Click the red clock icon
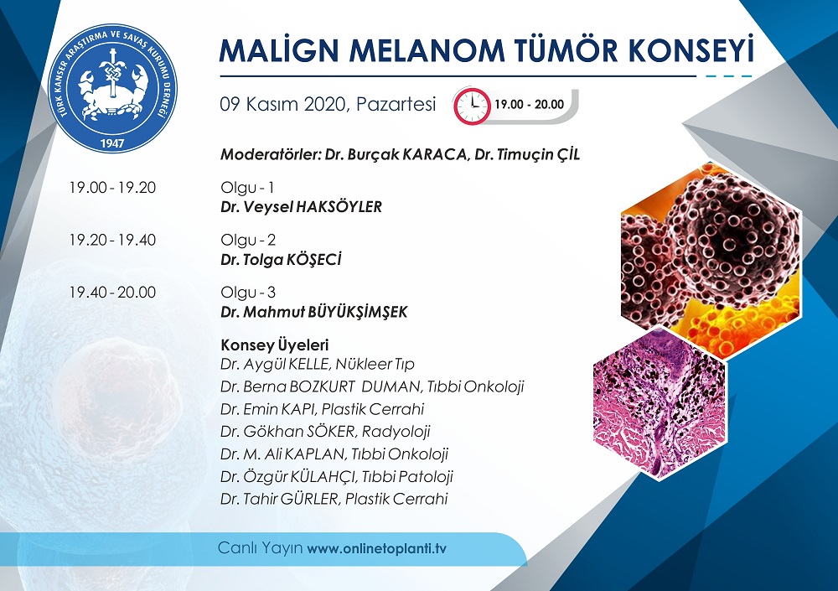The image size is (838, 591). [x=472, y=106]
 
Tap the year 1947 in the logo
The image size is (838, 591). [x=112, y=143]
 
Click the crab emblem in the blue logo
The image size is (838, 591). [x=112, y=89]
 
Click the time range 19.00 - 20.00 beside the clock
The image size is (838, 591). [x=529, y=104]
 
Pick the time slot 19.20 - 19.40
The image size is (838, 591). [x=113, y=240]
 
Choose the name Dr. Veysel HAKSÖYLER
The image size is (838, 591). [x=302, y=207]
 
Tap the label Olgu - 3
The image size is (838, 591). [x=248, y=292]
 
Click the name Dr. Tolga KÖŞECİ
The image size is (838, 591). [x=281, y=259]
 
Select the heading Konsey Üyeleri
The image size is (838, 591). [x=275, y=345]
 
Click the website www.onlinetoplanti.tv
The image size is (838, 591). [x=377, y=549]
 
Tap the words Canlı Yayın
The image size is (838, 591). [x=261, y=548]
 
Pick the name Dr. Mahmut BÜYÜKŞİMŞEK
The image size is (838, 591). [x=314, y=312]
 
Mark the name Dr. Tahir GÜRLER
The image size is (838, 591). [x=280, y=499]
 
